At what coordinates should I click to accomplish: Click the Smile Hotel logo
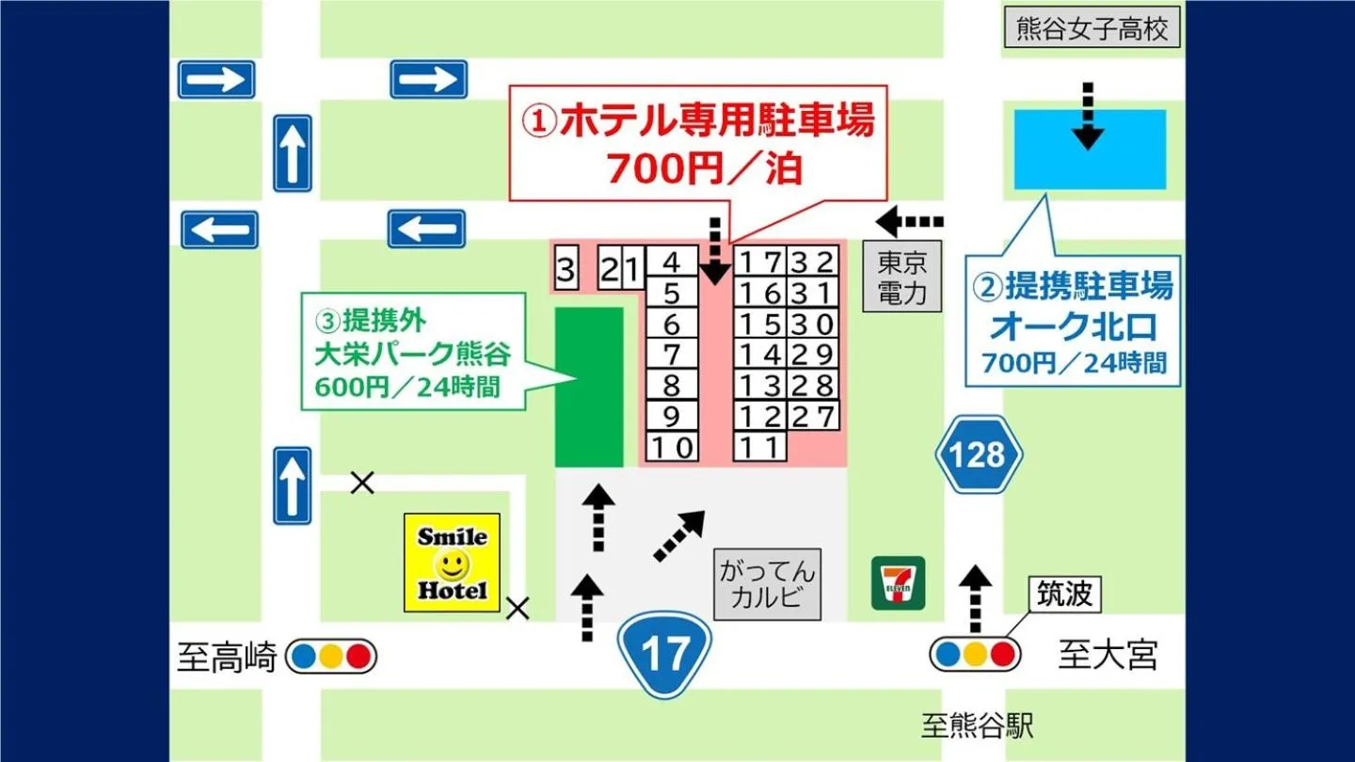tap(452, 563)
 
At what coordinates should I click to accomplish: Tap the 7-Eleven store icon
tap(898, 582)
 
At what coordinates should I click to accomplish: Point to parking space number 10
tap(671, 448)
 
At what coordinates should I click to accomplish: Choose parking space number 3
tap(565, 271)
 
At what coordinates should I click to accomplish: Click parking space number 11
tap(759, 448)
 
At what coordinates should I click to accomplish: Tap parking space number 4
tap(671, 261)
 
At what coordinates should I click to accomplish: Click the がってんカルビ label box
tap(767, 584)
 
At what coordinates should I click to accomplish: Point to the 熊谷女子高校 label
tap(1092, 29)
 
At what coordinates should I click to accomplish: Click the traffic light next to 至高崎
tap(331, 657)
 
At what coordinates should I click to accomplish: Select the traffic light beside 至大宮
tap(975, 655)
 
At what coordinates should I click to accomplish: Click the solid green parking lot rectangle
tap(589, 387)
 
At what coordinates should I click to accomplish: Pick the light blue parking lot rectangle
tap(1090, 150)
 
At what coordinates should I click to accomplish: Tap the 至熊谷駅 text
tap(978, 726)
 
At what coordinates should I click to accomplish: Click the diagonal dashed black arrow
tap(678, 536)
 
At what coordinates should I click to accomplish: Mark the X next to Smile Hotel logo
tap(517, 609)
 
